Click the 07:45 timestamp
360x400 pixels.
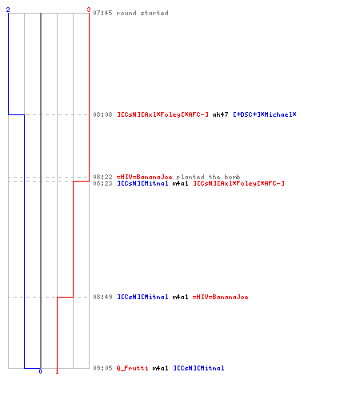tap(102, 13)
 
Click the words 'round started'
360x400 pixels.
tap(142, 13)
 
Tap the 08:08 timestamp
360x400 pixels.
tap(102, 114)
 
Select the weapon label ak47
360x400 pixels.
tap(220, 114)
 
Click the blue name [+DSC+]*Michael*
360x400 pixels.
tap(265, 114)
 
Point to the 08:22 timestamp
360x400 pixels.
tap(102, 177)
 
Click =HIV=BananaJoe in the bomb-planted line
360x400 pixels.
tap(144, 177)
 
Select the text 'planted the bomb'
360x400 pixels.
tap(208, 177)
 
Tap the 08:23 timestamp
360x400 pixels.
tap(102, 183)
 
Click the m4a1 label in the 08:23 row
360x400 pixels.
tap(180, 183)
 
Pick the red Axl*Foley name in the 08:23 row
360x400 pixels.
tap(238, 183)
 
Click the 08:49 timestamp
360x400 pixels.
tap(102, 297)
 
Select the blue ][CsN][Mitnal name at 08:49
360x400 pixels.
tap(142, 297)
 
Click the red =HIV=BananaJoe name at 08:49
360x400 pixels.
tap(220, 297)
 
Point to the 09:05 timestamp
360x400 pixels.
tap(102, 368)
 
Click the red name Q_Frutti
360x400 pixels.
tap(132, 368)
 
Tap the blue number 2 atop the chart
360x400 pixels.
tap(8, 10)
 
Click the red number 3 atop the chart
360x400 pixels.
tap(89, 10)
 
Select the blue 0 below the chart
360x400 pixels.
tap(40, 371)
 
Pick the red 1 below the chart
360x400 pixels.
tap(57, 371)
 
